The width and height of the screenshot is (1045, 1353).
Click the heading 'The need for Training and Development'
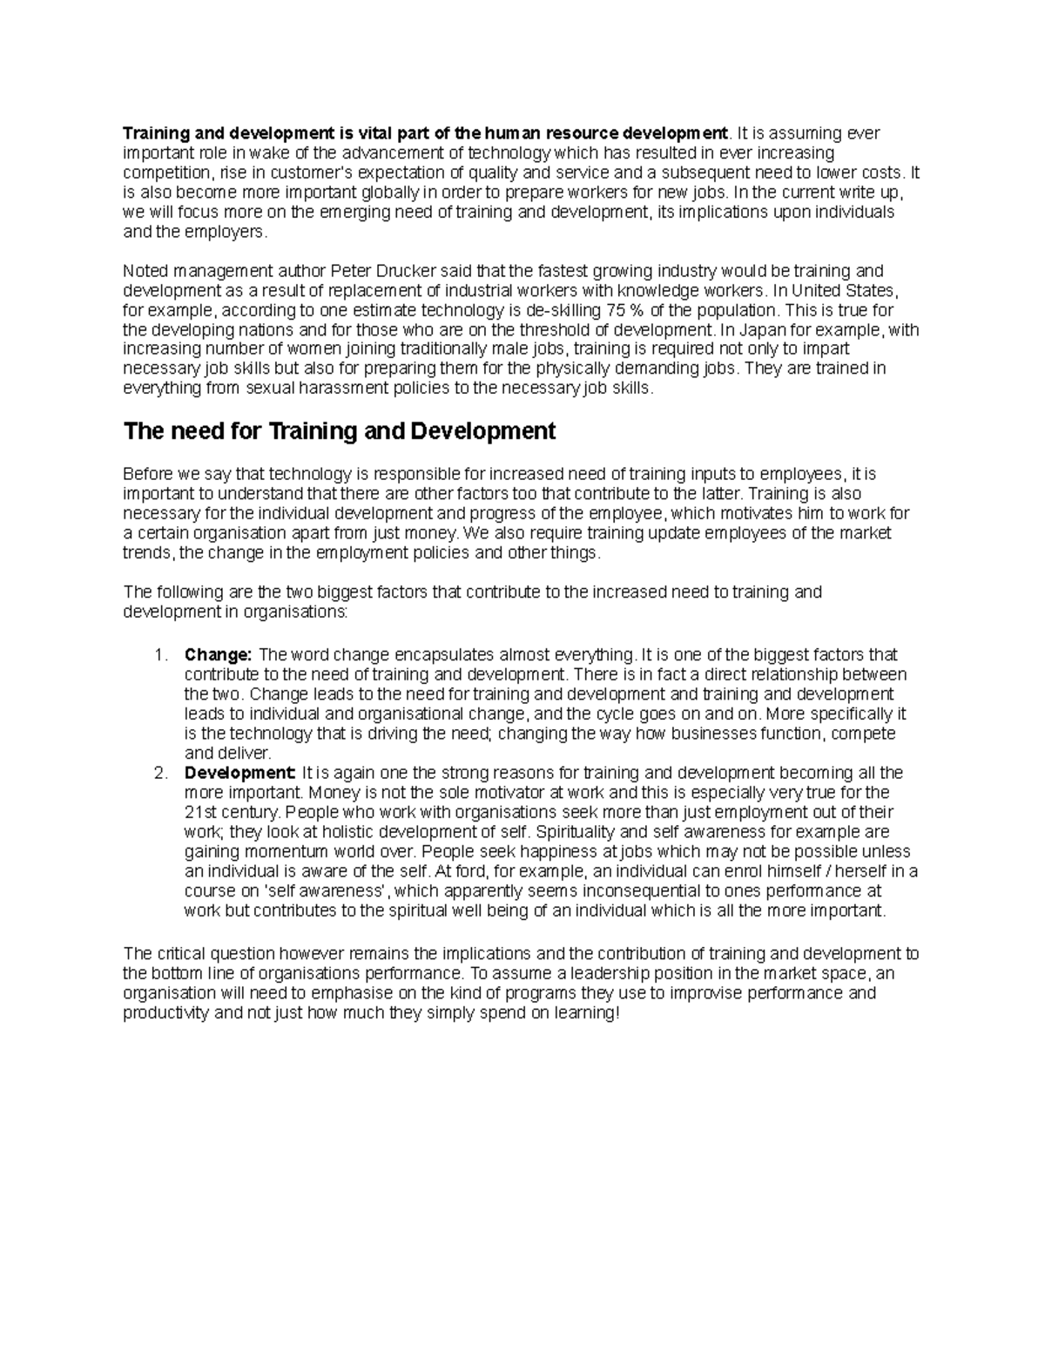tap(339, 431)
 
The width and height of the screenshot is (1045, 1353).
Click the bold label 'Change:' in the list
tap(218, 655)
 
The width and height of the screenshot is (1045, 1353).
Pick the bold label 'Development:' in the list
tap(240, 773)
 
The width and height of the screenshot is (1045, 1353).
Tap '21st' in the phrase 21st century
tap(199, 812)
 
